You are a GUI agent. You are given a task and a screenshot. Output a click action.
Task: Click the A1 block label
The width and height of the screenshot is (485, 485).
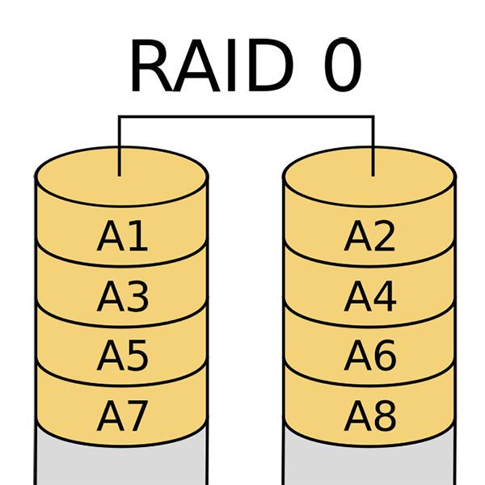(x=122, y=237)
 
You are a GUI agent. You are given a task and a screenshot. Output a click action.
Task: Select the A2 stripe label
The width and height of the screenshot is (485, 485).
(x=369, y=237)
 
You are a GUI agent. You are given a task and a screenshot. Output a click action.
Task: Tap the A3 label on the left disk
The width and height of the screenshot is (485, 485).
(x=122, y=297)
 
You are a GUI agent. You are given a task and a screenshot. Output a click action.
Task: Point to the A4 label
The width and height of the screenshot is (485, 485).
(x=369, y=297)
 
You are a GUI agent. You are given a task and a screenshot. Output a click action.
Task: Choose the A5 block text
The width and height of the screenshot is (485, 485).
(x=122, y=356)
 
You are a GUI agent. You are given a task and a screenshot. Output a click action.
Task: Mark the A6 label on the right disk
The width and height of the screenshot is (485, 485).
(x=369, y=356)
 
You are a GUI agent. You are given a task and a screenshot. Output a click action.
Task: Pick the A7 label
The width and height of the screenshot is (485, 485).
(x=122, y=416)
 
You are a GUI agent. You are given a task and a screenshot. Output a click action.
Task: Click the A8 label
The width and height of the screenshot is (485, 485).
(x=369, y=416)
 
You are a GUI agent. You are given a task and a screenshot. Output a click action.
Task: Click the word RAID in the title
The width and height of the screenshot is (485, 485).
(x=209, y=66)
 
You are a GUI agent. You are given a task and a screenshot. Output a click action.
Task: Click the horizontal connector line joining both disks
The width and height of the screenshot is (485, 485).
(x=246, y=117)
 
